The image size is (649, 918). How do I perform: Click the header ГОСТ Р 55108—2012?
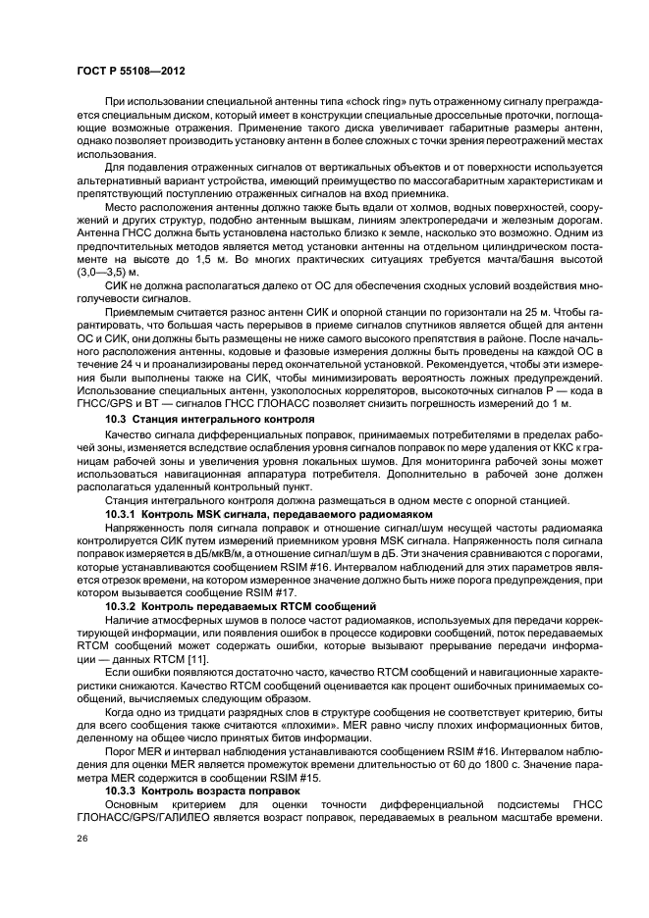(131, 73)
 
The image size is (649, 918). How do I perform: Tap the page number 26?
(81, 839)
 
